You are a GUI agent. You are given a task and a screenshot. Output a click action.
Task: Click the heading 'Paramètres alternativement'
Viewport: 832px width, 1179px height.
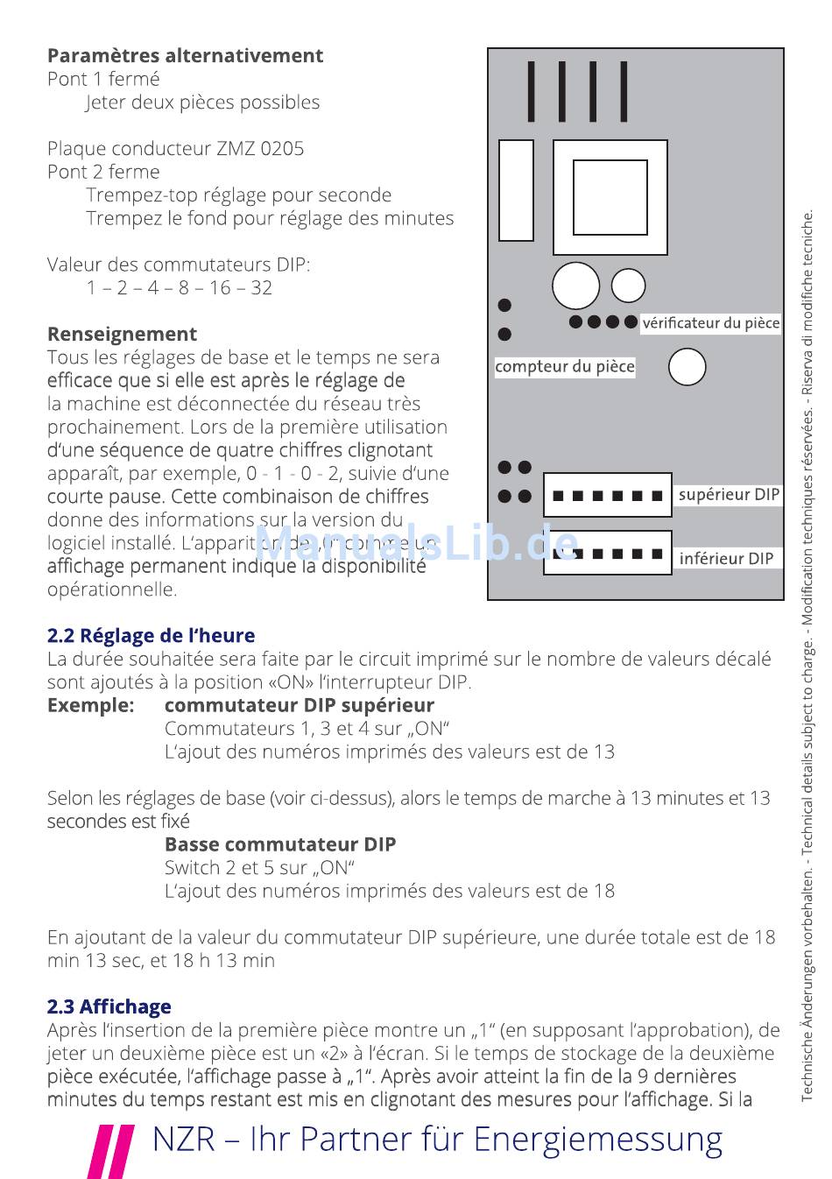185,55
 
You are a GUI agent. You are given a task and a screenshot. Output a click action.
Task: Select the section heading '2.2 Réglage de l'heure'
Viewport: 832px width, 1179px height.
151,635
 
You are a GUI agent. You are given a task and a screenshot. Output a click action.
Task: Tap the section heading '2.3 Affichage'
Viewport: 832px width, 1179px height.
109,1006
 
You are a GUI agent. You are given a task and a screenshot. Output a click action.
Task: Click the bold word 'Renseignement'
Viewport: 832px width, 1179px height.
122,334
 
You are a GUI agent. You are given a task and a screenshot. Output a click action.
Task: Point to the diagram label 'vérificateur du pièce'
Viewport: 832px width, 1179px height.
710,323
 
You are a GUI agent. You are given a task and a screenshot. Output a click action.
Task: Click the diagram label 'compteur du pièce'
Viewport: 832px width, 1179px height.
565,367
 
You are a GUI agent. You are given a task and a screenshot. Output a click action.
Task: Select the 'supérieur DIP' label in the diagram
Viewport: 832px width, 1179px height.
729,495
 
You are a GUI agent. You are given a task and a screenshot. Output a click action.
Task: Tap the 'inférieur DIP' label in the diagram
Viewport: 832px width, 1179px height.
727,558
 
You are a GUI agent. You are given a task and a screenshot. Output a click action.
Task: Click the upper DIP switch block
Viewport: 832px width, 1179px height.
608,496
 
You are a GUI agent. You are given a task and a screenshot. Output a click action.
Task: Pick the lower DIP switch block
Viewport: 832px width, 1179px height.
608,554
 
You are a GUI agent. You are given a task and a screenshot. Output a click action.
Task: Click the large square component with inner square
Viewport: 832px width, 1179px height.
610,197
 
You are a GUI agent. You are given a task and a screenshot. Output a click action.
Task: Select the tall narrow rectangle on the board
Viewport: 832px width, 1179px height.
516,189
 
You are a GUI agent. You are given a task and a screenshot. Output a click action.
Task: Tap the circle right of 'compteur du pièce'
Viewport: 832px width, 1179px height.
687,367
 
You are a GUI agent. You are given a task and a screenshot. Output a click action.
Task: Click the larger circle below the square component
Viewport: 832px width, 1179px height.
575,286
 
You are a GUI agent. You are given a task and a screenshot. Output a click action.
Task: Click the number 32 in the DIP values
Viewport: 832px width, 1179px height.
261,287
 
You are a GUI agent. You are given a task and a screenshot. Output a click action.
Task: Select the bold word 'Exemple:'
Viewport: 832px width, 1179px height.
91,705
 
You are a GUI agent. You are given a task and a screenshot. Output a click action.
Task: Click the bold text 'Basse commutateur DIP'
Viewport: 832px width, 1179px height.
280,844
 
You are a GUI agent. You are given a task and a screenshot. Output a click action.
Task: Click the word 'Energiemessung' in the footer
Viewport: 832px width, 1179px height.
597,1139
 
